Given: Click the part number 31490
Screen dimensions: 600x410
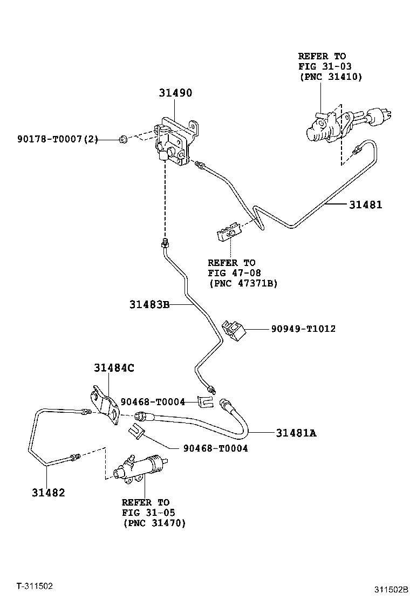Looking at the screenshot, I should (175, 93).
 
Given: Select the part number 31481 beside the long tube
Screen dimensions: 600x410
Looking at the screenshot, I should (365, 204).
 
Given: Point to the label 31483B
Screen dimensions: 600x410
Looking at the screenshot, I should (149, 305).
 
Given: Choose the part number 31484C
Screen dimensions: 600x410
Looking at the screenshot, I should (114, 368).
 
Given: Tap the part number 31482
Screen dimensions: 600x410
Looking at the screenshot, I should (48, 492).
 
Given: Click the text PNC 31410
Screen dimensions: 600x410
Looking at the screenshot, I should (331, 77).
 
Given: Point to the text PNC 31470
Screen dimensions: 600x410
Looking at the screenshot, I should (154, 522).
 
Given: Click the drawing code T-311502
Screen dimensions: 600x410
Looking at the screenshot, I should (34, 585).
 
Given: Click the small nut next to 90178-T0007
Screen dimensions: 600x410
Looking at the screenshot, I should (122, 140).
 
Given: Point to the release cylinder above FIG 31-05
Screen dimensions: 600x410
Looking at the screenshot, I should (140, 467).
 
